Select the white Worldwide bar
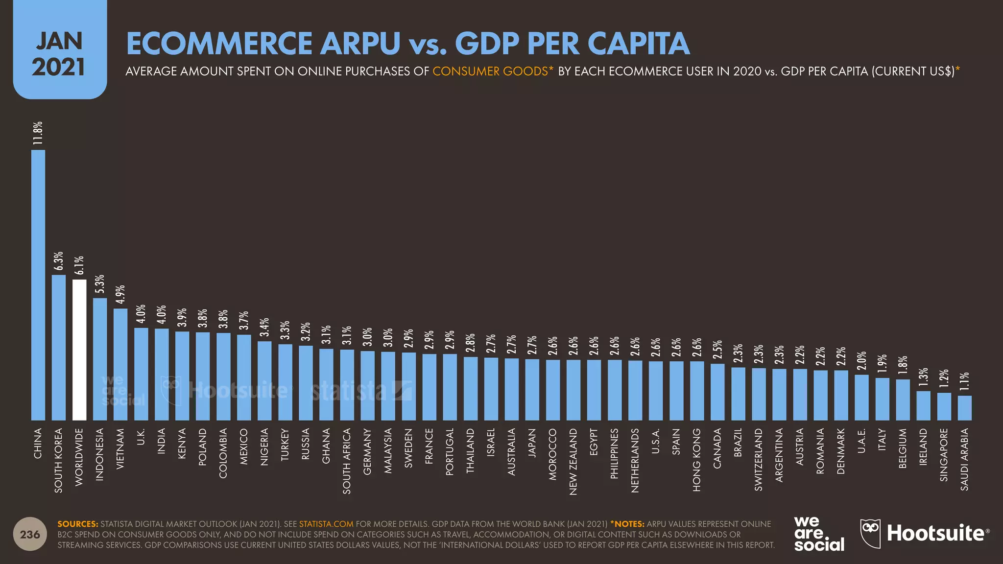click(x=79, y=350)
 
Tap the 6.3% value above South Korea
click(x=59, y=261)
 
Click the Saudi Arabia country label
click(x=964, y=459)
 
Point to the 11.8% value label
click(x=38, y=133)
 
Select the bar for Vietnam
click(x=120, y=364)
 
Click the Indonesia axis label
click(x=100, y=454)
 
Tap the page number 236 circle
click(x=30, y=534)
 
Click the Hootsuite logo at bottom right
click(x=925, y=533)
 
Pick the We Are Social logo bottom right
click(x=819, y=534)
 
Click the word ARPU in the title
click(x=360, y=43)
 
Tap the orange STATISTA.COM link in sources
click(x=326, y=524)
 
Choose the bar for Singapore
click(x=944, y=406)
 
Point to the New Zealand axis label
click(x=573, y=461)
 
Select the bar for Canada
click(x=717, y=392)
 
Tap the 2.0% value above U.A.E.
click(x=861, y=361)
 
